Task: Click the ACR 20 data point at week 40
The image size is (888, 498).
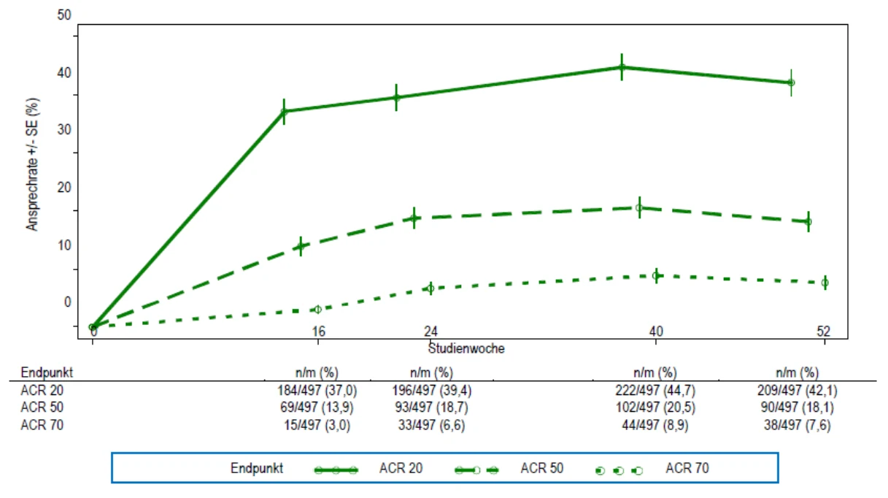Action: pos(622,67)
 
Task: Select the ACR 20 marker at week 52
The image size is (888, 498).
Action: pos(791,83)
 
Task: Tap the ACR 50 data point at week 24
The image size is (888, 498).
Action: pos(414,218)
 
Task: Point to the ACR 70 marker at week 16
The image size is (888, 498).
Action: pos(317,309)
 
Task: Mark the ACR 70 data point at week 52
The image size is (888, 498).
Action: pos(825,283)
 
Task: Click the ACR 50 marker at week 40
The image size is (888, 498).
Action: pos(639,207)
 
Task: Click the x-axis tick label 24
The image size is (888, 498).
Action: pos(431,331)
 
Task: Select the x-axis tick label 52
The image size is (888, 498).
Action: pos(823,331)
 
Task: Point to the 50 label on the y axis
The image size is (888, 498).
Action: pos(64,15)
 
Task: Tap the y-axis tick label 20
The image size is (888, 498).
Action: pos(64,187)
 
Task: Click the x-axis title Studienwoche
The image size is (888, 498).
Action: pos(466,348)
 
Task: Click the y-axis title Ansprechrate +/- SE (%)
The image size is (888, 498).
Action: pos(32,164)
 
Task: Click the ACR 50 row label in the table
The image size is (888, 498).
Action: pos(42,407)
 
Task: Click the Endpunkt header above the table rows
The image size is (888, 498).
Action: pos(47,372)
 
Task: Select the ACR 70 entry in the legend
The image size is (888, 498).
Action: pos(652,469)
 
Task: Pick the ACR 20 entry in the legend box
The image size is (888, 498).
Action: pos(368,469)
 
